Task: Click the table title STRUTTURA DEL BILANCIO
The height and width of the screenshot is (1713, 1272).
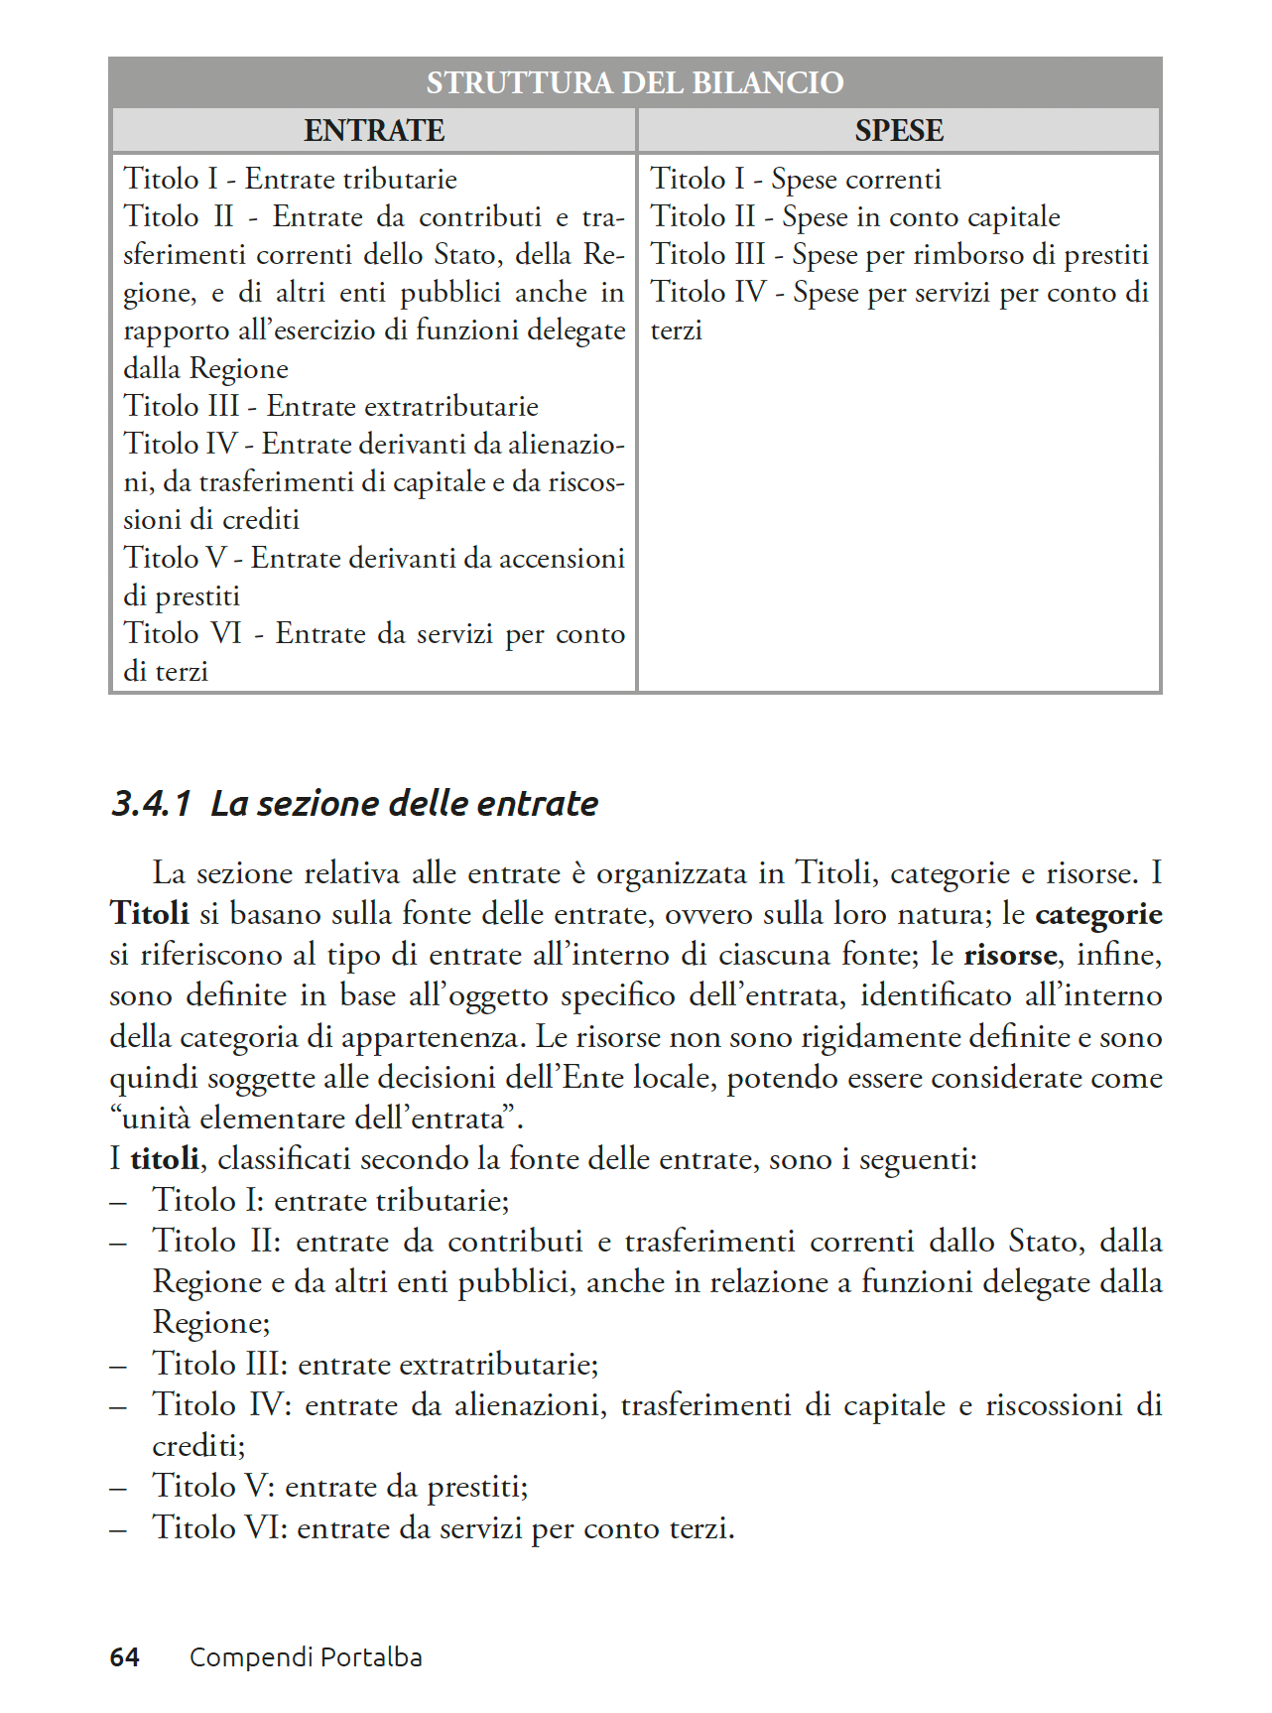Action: pyautogui.click(x=635, y=82)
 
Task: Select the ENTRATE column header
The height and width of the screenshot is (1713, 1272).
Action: pyautogui.click(x=374, y=130)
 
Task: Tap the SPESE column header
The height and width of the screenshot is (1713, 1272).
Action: pyautogui.click(x=899, y=130)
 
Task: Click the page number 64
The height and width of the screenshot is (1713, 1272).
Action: pyautogui.click(x=124, y=1657)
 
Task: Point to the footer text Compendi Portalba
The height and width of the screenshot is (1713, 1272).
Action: pyautogui.click(x=306, y=1657)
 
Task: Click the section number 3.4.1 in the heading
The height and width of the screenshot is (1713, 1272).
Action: pyautogui.click(x=150, y=803)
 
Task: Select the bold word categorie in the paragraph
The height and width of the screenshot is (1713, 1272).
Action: pyautogui.click(x=1098, y=914)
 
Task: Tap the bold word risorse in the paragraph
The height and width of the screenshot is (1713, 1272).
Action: pyautogui.click(x=1010, y=955)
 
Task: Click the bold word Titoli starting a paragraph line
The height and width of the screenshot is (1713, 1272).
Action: pyautogui.click(x=149, y=914)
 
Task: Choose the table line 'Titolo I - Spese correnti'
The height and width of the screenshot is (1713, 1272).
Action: pyautogui.click(x=796, y=180)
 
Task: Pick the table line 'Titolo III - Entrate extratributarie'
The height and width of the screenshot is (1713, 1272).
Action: pyautogui.click(x=330, y=407)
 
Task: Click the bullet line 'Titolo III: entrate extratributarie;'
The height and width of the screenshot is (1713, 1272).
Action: pyautogui.click(x=375, y=1365)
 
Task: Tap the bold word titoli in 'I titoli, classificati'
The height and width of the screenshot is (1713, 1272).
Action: pyautogui.click(x=165, y=1159)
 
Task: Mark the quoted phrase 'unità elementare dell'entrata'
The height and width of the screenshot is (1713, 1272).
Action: pyautogui.click(x=317, y=1119)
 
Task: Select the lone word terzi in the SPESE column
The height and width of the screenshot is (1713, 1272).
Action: pyautogui.click(x=677, y=330)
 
